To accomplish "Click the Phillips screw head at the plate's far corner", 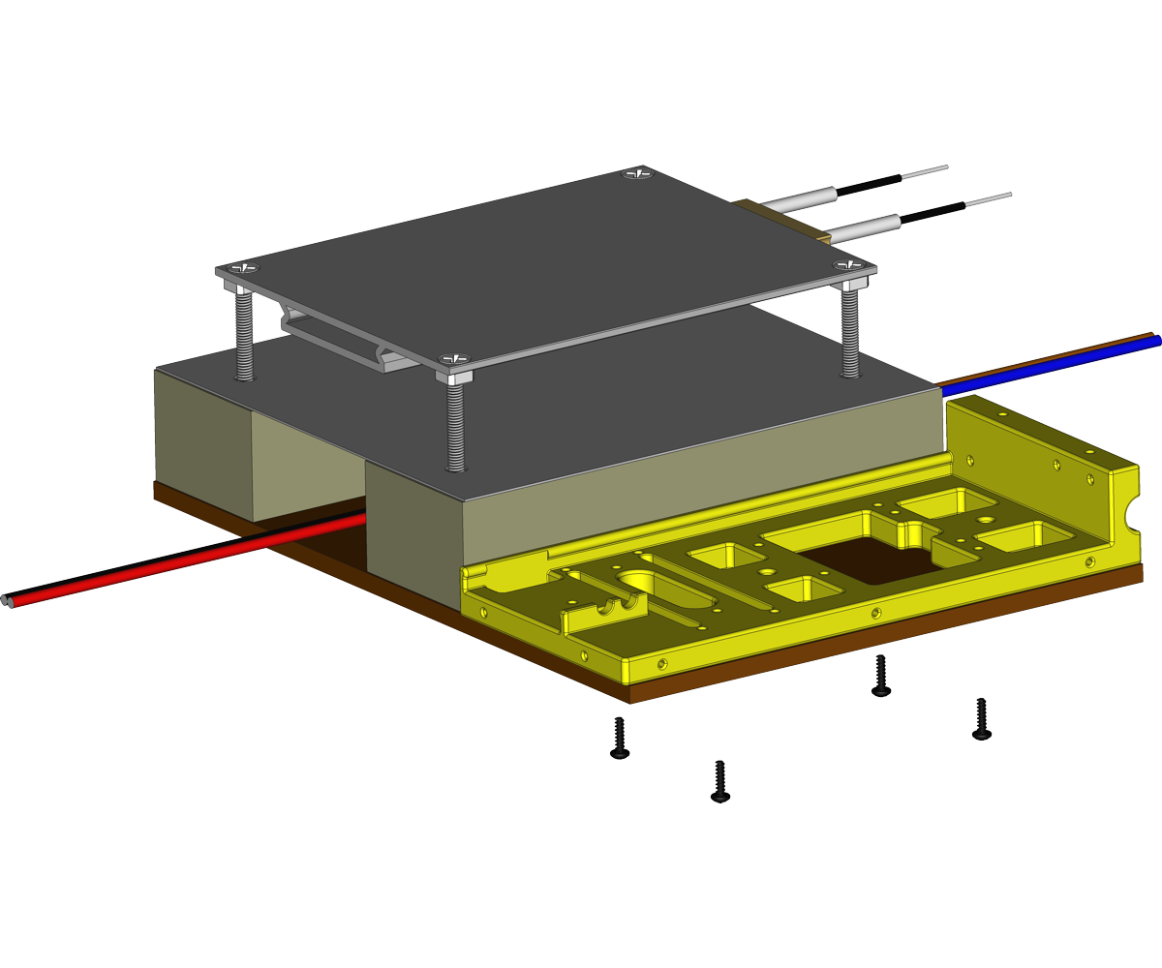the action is pos(638,174).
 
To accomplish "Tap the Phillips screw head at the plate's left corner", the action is pos(243,267).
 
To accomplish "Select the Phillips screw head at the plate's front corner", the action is pos(453,359).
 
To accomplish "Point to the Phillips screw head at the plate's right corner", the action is pos(849,264).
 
